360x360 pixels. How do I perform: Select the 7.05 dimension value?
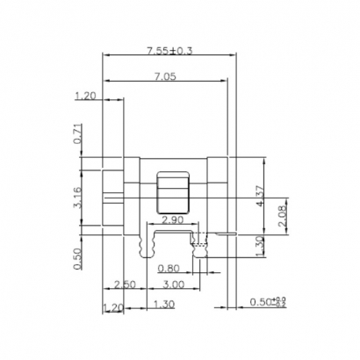[x=164, y=77]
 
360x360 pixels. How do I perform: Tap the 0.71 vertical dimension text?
[x=78, y=133]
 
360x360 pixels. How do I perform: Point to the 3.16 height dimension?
[x=78, y=197]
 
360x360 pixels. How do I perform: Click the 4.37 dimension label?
[x=261, y=196]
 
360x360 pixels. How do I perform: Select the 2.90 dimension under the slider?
[x=173, y=220]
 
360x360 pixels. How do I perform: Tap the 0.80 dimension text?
[x=169, y=267]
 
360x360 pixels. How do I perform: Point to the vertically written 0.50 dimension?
[x=78, y=258]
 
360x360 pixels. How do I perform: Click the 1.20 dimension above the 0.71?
[x=85, y=96]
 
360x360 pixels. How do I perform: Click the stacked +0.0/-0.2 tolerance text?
[x=280, y=303]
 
